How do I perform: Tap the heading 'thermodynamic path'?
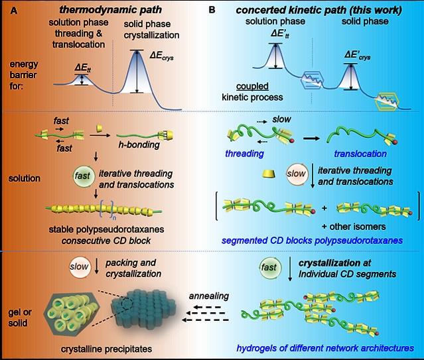98,9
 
